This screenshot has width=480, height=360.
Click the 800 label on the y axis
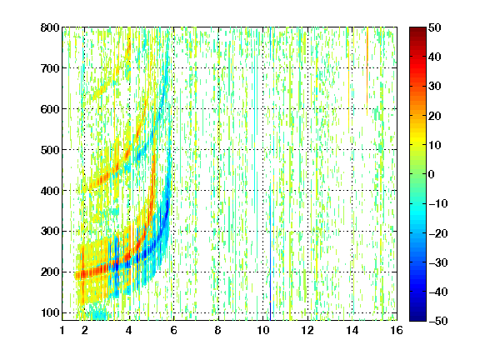tap(50, 27)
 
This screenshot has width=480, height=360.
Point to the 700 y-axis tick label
tap(50, 68)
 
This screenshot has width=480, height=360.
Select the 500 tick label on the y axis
tap(50, 150)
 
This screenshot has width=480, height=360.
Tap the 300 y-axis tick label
tap(50, 232)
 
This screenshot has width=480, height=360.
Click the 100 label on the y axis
tap(50, 312)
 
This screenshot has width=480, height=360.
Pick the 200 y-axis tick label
tap(50, 272)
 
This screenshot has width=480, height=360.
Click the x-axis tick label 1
tap(62, 330)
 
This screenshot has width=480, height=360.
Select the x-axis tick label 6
tap(174, 330)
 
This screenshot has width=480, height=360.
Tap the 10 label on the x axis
tap(263, 330)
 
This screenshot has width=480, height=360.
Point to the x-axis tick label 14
tap(352, 330)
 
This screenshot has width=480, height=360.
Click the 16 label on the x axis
tap(397, 330)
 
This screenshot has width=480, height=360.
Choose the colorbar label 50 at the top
tap(435, 27)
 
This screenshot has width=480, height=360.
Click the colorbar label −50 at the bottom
tap(438, 321)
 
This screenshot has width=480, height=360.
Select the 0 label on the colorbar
tap(432, 174)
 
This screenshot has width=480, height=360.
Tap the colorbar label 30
tap(435, 87)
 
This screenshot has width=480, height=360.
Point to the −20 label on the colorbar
tap(438, 233)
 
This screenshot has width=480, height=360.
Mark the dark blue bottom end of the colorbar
tap(417, 318)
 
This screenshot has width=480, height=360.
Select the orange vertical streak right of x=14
tap(367, 72)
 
